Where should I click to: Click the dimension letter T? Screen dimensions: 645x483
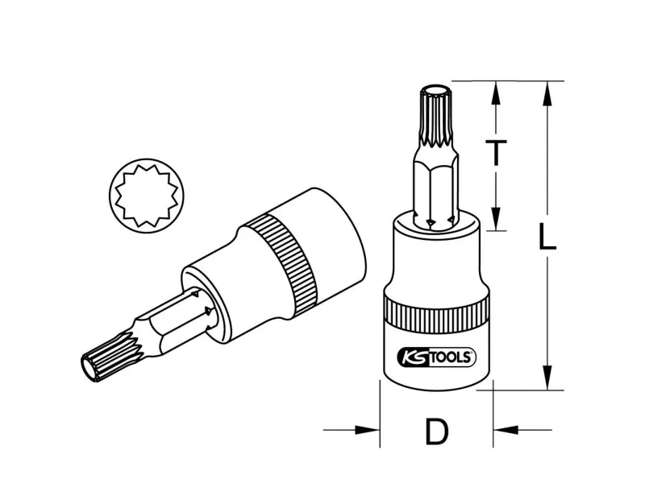click(x=496, y=152)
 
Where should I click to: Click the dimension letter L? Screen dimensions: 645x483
click(x=547, y=237)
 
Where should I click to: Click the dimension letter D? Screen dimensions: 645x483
click(x=436, y=431)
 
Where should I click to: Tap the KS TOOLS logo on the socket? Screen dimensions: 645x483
click(x=436, y=357)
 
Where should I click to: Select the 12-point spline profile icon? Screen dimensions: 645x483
click(x=147, y=196)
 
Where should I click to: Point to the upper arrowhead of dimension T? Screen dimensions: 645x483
click(x=496, y=92)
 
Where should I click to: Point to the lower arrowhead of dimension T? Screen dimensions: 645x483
click(x=496, y=218)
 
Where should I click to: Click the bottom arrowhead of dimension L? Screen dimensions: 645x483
click(x=547, y=378)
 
